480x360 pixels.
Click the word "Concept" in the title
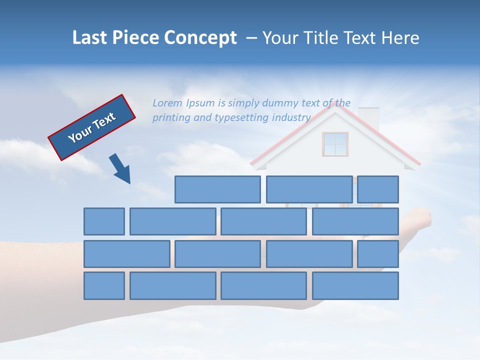coord(200,38)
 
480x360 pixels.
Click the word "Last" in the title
coord(90,38)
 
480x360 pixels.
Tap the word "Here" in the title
coord(400,38)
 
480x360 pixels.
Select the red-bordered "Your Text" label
coord(92,127)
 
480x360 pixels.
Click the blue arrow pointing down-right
coord(120,168)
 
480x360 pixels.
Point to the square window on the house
coord(335,144)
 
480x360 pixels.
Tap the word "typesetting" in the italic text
coord(241,117)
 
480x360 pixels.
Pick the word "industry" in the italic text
coord(291,117)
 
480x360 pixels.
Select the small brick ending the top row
coord(377,189)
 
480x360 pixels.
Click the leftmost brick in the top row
coord(217,189)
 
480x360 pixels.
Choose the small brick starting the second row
coord(104,221)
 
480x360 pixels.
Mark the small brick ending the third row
coord(377,253)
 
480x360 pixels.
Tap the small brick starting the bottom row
coord(104,285)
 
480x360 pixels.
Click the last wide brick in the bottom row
coord(355,285)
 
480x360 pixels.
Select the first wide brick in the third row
coord(126,253)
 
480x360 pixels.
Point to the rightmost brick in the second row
coord(355,221)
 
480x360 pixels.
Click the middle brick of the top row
coord(309,189)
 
